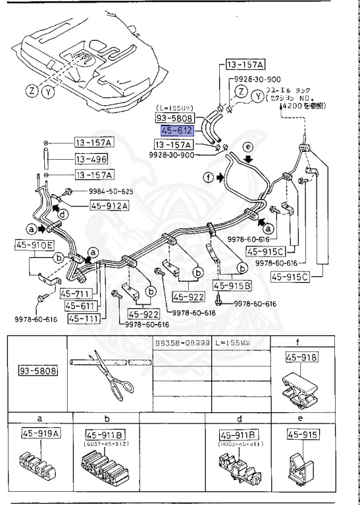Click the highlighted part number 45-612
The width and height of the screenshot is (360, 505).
pyautogui.click(x=174, y=132)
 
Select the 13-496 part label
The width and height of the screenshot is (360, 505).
pyautogui.click(x=91, y=158)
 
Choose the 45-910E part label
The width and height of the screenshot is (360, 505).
pyautogui.click(x=32, y=245)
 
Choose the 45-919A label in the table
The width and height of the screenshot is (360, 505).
pyautogui.click(x=37, y=435)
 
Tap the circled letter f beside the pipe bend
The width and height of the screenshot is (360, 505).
pyautogui.click(x=209, y=176)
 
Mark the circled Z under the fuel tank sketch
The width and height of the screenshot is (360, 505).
pyautogui.click(x=32, y=91)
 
